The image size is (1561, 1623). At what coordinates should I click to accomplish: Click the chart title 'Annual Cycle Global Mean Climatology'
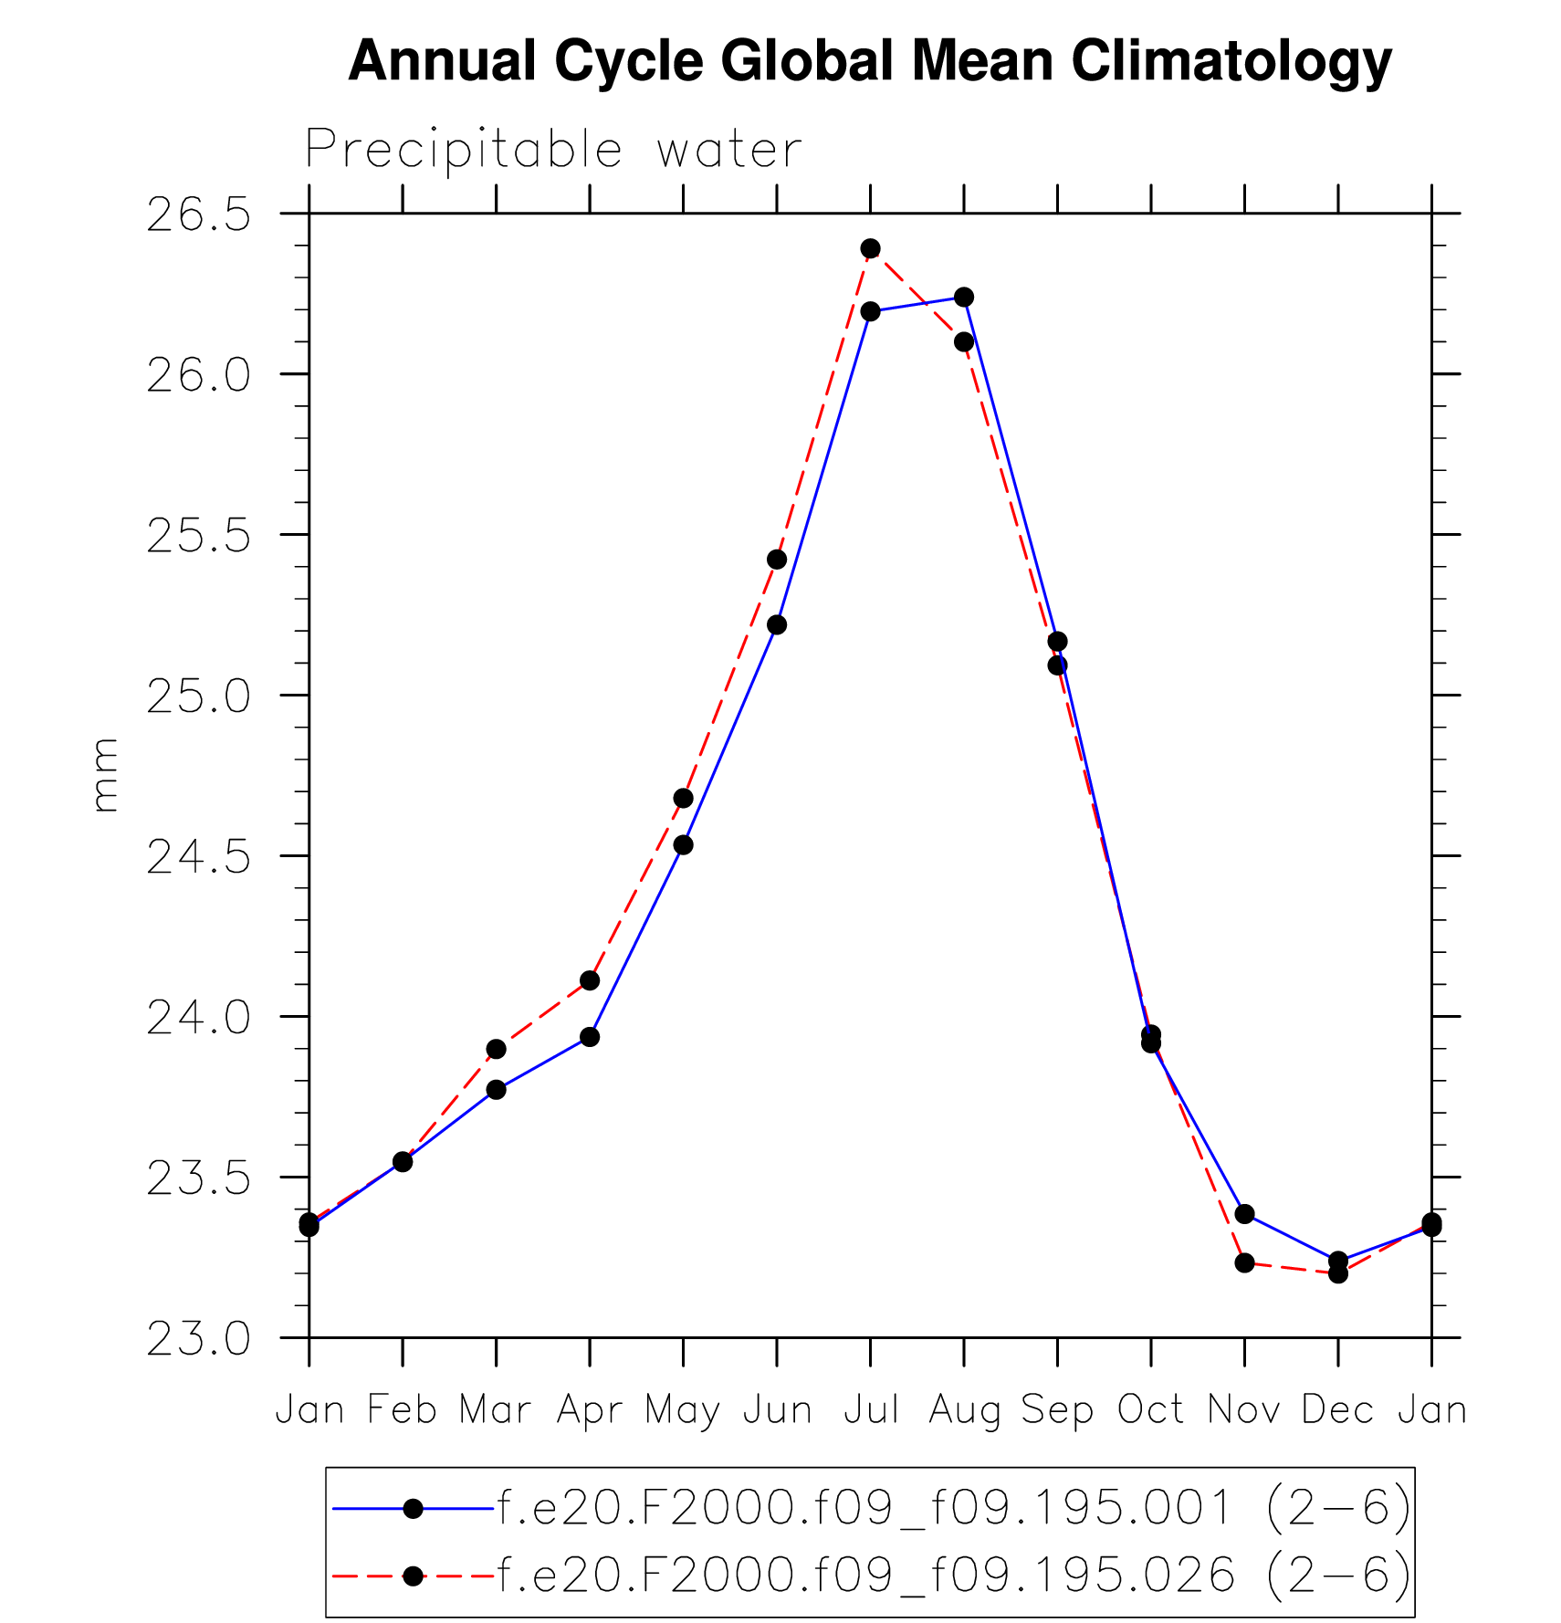870,61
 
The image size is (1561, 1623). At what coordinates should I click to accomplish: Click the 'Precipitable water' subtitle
553,150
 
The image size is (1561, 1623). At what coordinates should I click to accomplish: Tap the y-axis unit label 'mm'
105,775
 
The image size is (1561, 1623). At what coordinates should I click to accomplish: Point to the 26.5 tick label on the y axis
198,215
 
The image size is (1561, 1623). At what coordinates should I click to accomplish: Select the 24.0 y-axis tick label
198,1018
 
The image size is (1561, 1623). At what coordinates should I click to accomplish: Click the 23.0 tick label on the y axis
198,1339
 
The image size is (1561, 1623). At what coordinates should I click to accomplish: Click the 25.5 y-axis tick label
198,537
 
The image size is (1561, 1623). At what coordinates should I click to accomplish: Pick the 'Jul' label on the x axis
871,1410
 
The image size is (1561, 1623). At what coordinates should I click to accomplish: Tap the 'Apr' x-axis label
590,1410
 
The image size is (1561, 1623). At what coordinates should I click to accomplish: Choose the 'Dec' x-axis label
1337,1410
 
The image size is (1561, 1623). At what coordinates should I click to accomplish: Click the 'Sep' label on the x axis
1057,1410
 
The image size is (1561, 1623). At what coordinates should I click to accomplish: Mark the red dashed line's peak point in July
871,248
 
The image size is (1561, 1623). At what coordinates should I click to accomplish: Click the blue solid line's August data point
964,297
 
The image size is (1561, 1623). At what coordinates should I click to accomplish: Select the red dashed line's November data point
1244,1262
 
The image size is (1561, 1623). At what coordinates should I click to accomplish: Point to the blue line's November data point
1244,1213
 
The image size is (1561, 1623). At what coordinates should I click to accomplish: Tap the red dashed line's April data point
590,980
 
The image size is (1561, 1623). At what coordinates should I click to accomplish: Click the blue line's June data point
777,624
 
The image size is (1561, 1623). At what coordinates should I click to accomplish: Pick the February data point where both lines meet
403,1161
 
